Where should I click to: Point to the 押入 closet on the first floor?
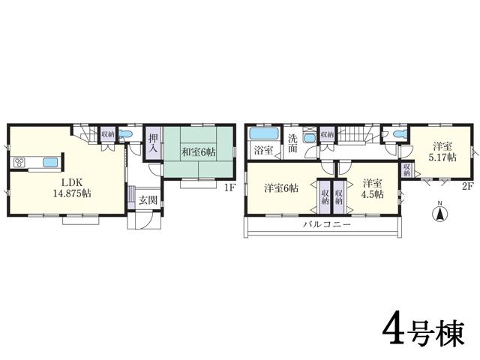153,142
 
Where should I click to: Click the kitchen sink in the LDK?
50,163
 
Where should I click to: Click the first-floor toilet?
127,136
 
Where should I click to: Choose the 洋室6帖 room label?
280,188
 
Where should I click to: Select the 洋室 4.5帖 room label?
372,188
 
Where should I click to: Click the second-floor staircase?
356,135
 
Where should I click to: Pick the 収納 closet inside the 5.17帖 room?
406,169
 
